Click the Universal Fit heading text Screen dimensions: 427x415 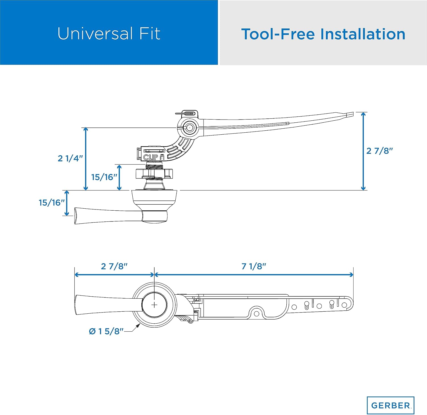(109, 34)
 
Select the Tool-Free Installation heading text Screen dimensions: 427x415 (323, 34)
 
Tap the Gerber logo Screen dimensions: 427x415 (391, 405)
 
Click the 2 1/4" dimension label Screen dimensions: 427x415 (70, 158)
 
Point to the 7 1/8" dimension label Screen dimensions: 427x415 (254, 266)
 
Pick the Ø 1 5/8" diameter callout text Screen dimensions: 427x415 (106, 331)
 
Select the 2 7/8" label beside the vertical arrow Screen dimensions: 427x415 (379, 151)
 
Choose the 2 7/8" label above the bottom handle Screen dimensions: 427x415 (114, 266)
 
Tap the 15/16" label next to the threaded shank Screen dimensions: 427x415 (104, 177)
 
